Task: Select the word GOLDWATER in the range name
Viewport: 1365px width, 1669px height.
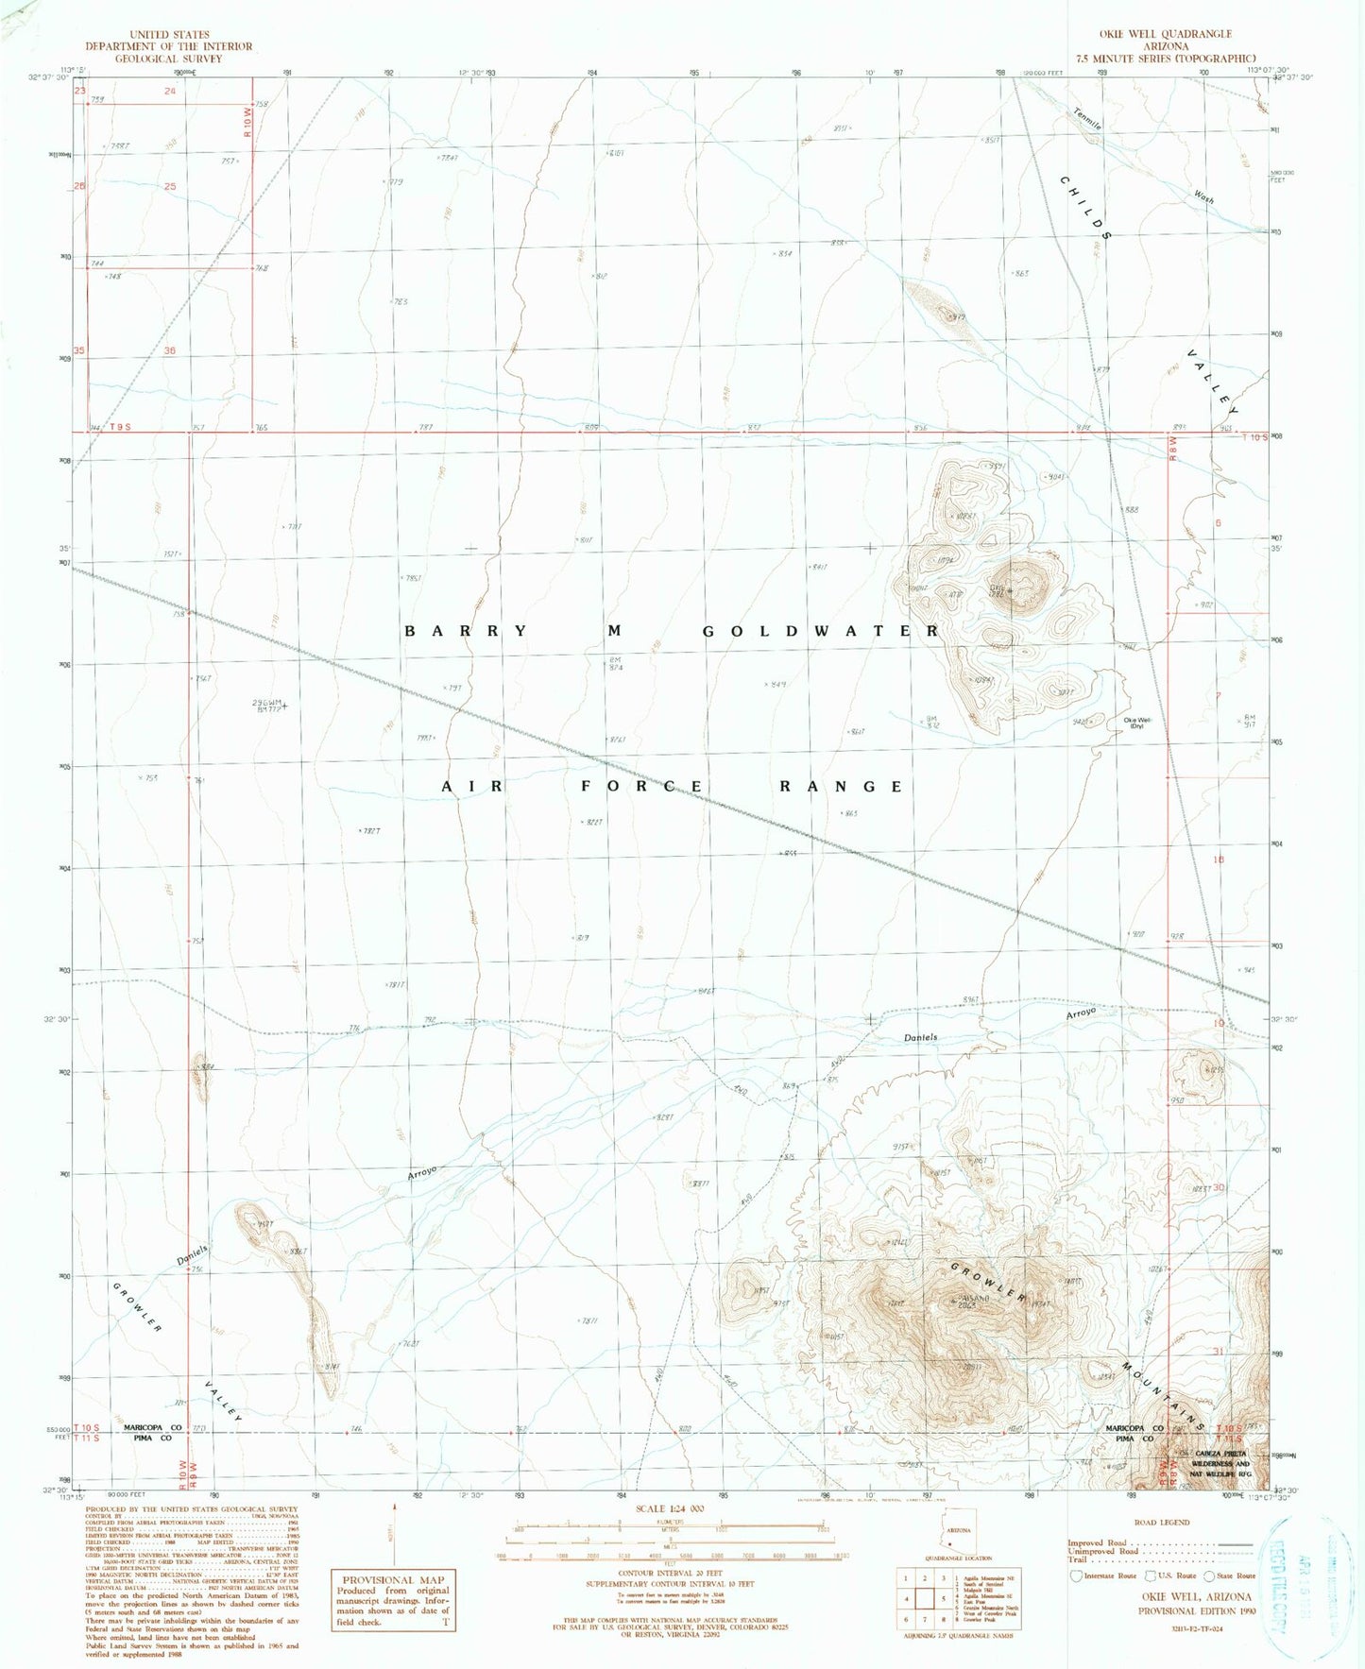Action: tap(821, 631)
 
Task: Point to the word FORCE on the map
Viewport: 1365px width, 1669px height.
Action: tap(641, 787)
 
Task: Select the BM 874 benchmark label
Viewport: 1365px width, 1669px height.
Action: tap(616, 664)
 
